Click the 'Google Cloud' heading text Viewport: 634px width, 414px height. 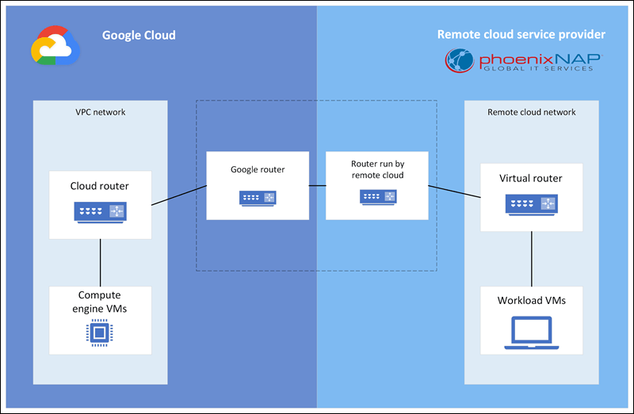pyautogui.click(x=139, y=36)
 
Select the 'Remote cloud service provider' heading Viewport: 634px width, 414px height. pyautogui.click(x=521, y=35)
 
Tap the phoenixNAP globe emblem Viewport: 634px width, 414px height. pyautogui.click(x=460, y=61)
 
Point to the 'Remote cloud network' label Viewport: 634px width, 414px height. pyautogui.click(x=532, y=112)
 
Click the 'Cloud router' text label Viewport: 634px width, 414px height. pyautogui.click(x=100, y=187)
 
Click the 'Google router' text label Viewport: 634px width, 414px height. pyautogui.click(x=258, y=169)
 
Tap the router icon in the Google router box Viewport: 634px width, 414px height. pyautogui.click(x=258, y=197)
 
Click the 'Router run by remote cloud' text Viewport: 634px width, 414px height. pyautogui.click(x=377, y=169)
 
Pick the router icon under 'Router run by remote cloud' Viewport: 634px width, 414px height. pyautogui.click(x=377, y=197)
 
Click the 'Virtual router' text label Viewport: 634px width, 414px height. pyautogui.click(x=531, y=178)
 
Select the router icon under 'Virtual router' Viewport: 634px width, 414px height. pyautogui.click(x=531, y=205)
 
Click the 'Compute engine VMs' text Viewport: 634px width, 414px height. pyautogui.click(x=100, y=302)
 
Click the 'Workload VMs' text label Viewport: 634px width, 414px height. pyautogui.click(x=531, y=301)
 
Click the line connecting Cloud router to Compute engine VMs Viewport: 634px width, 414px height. pyautogui.click(x=100, y=262)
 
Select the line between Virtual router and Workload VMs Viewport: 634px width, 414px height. pyautogui.click(x=531, y=259)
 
